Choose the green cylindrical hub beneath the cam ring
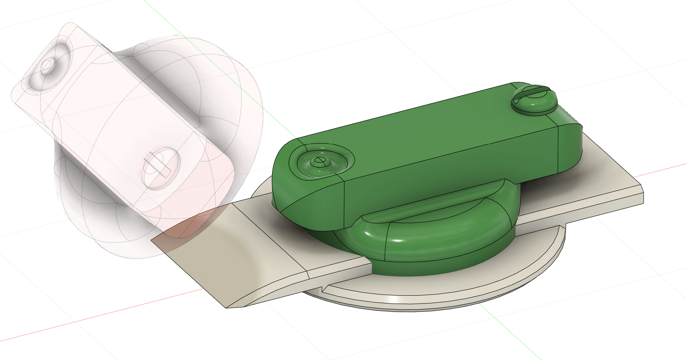pyautogui.click(x=436, y=267)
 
